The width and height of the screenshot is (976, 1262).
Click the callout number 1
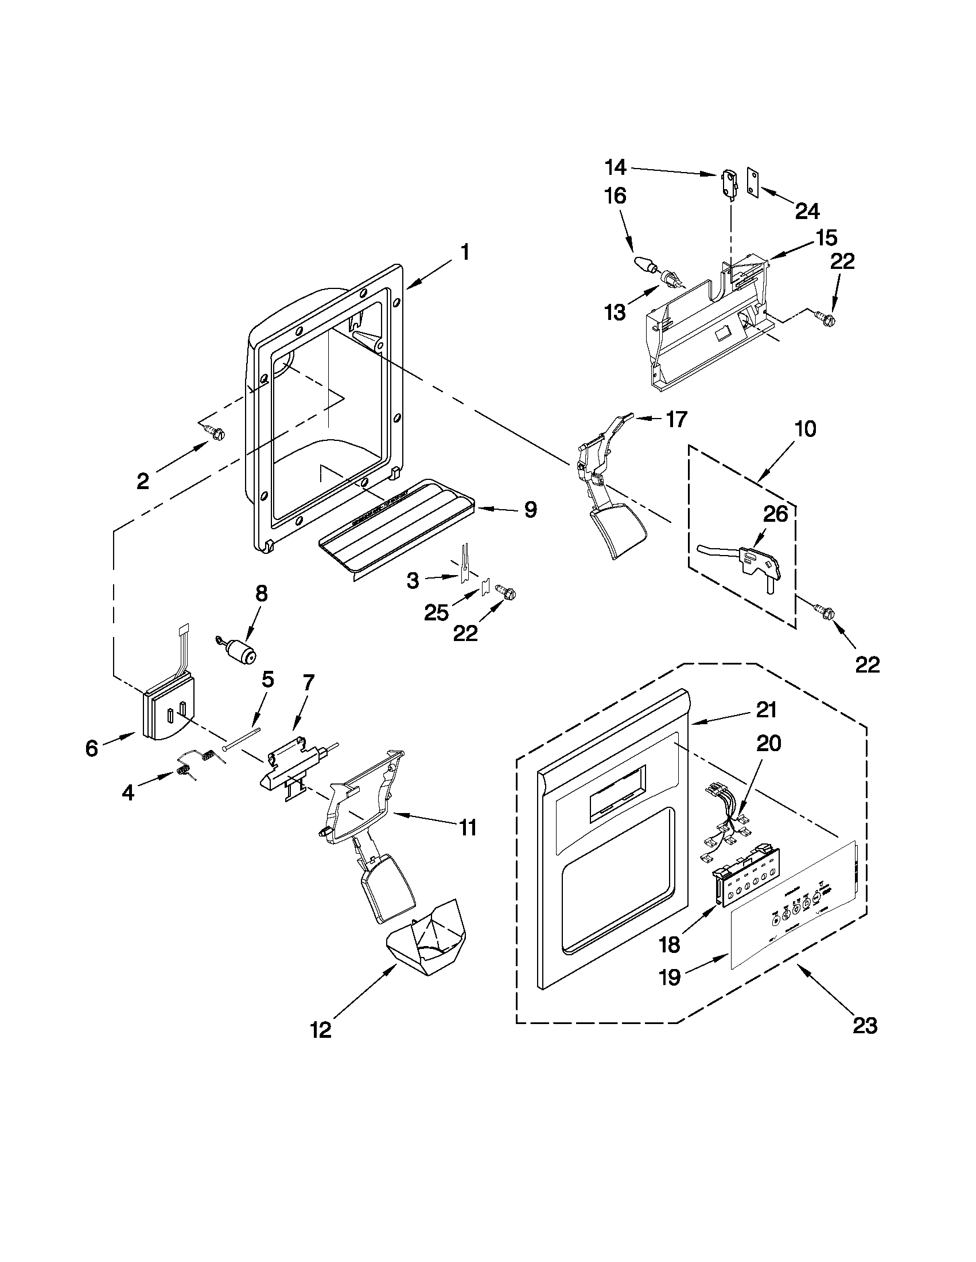point(464,252)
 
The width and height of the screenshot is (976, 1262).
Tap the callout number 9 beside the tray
point(530,510)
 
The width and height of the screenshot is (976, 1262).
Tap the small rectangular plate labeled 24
point(752,183)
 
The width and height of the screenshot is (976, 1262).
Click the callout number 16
point(615,196)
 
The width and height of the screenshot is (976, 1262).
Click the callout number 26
point(775,514)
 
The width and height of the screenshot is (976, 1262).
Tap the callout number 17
point(676,419)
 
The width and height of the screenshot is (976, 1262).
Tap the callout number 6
point(91,748)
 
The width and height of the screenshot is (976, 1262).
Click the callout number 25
point(436,612)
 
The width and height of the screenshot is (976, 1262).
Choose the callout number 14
point(615,167)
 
